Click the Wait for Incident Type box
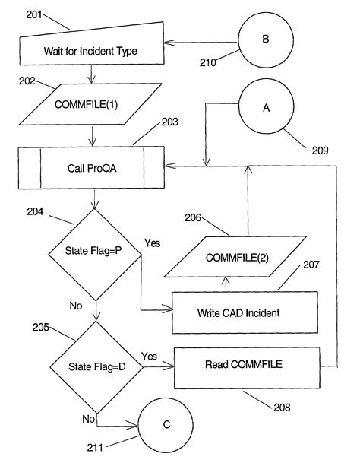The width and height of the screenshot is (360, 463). coord(91,50)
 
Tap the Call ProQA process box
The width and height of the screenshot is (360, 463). coord(91,167)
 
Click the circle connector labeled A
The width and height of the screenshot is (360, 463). coord(266,109)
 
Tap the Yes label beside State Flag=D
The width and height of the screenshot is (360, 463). coord(149,355)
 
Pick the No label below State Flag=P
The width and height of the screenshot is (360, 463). coord(76,306)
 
